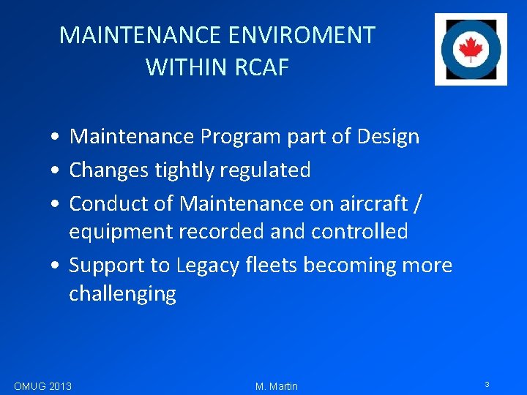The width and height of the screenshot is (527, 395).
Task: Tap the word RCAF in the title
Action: pos(262,68)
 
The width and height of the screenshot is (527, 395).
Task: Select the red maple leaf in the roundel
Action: pos(470,49)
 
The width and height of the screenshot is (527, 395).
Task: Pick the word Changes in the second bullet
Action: pos(109,170)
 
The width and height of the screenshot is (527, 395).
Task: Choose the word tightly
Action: pos(183,170)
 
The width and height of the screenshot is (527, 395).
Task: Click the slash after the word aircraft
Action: pos(417,203)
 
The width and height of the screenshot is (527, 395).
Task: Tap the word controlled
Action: pos(359,232)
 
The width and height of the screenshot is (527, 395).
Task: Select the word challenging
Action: pos(122,294)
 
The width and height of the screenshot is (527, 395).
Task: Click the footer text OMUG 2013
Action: pos(42,385)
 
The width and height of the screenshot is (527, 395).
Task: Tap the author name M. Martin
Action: pos(277,386)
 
